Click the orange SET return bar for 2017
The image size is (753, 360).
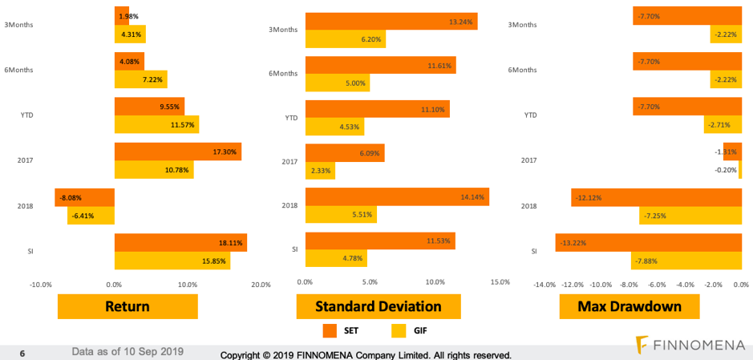click(x=177, y=152)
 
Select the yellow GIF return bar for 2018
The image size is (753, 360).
click(x=91, y=215)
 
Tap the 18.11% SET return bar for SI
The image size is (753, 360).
click(x=180, y=242)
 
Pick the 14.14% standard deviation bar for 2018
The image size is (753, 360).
click(x=397, y=197)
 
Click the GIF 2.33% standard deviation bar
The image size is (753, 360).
click(x=320, y=170)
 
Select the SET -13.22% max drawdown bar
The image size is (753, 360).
click(x=648, y=242)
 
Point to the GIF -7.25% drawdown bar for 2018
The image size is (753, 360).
click(x=690, y=215)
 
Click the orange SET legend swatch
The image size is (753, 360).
click(x=330, y=330)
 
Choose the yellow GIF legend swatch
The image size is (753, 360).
click(x=399, y=330)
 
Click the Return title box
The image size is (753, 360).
click(x=128, y=306)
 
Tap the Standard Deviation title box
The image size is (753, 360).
click(x=378, y=306)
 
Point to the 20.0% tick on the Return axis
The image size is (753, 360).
click(x=261, y=285)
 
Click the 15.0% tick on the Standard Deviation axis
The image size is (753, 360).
click(x=500, y=282)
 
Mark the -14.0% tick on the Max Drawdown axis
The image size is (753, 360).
click(x=545, y=285)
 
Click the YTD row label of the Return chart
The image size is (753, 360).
click(x=26, y=115)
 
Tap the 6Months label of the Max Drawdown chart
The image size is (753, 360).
click(x=522, y=70)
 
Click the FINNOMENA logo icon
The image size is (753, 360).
click(x=642, y=345)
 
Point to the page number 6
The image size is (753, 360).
click(x=22, y=352)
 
